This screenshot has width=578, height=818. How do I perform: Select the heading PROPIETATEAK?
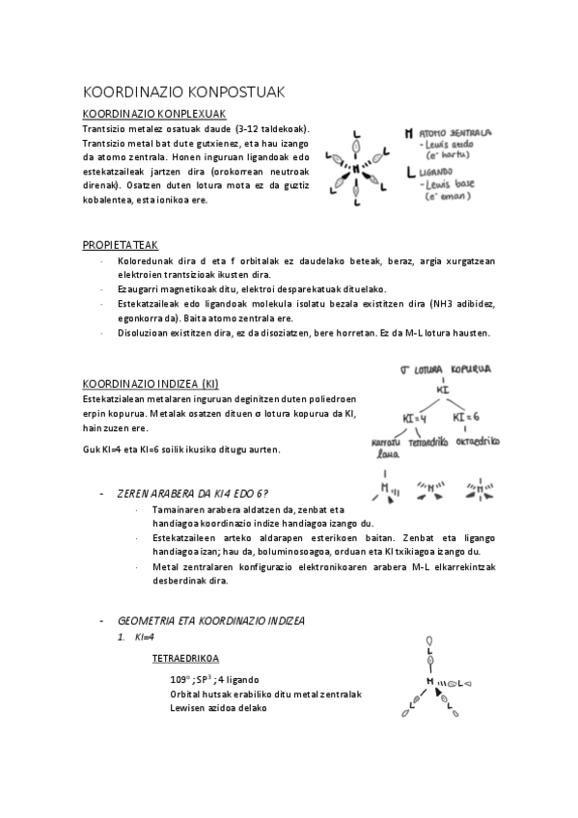(x=121, y=245)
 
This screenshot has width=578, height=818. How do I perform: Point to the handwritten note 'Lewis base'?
(x=452, y=183)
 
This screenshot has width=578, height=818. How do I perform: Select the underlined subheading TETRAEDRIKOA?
(x=185, y=659)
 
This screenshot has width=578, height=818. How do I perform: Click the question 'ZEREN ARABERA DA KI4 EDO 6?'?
(x=192, y=493)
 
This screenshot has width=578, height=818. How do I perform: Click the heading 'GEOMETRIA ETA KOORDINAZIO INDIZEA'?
(x=210, y=620)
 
